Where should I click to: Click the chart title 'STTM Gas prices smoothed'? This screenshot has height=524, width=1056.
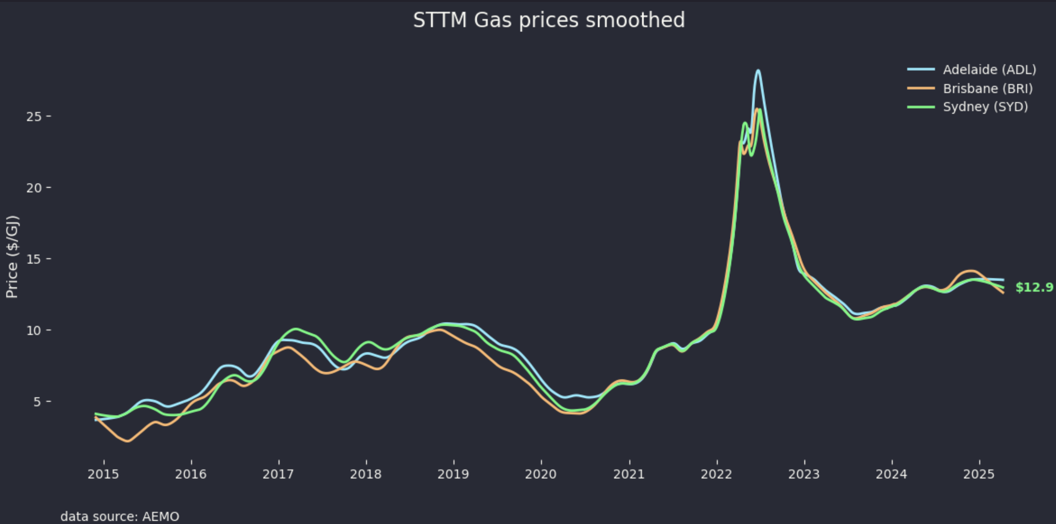pos(549,20)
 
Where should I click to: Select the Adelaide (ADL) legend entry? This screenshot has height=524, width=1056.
pos(989,70)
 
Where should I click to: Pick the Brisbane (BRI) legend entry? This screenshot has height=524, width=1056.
pos(987,89)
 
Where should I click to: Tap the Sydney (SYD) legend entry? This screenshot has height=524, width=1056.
pos(985,107)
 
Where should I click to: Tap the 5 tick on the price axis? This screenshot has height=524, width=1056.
pos(37,402)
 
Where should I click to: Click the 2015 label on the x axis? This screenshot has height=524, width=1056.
pos(103,474)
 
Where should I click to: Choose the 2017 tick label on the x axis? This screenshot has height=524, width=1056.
pos(278,474)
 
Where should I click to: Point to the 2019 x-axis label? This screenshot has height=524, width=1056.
pos(453,474)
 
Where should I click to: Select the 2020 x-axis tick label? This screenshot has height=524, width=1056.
pos(541,474)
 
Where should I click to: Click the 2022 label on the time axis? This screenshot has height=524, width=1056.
pos(716,474)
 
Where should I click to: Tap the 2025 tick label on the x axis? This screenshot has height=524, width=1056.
pos(979,474)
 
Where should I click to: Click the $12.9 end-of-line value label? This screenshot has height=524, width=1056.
pos(1034,288)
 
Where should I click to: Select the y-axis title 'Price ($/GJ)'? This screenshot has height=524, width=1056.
pos(12,257)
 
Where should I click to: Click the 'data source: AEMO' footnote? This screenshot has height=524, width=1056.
pos(120,516)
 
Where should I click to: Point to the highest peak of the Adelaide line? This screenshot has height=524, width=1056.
pos(758,71)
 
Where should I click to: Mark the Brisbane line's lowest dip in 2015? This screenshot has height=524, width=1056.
pos(127,441)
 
